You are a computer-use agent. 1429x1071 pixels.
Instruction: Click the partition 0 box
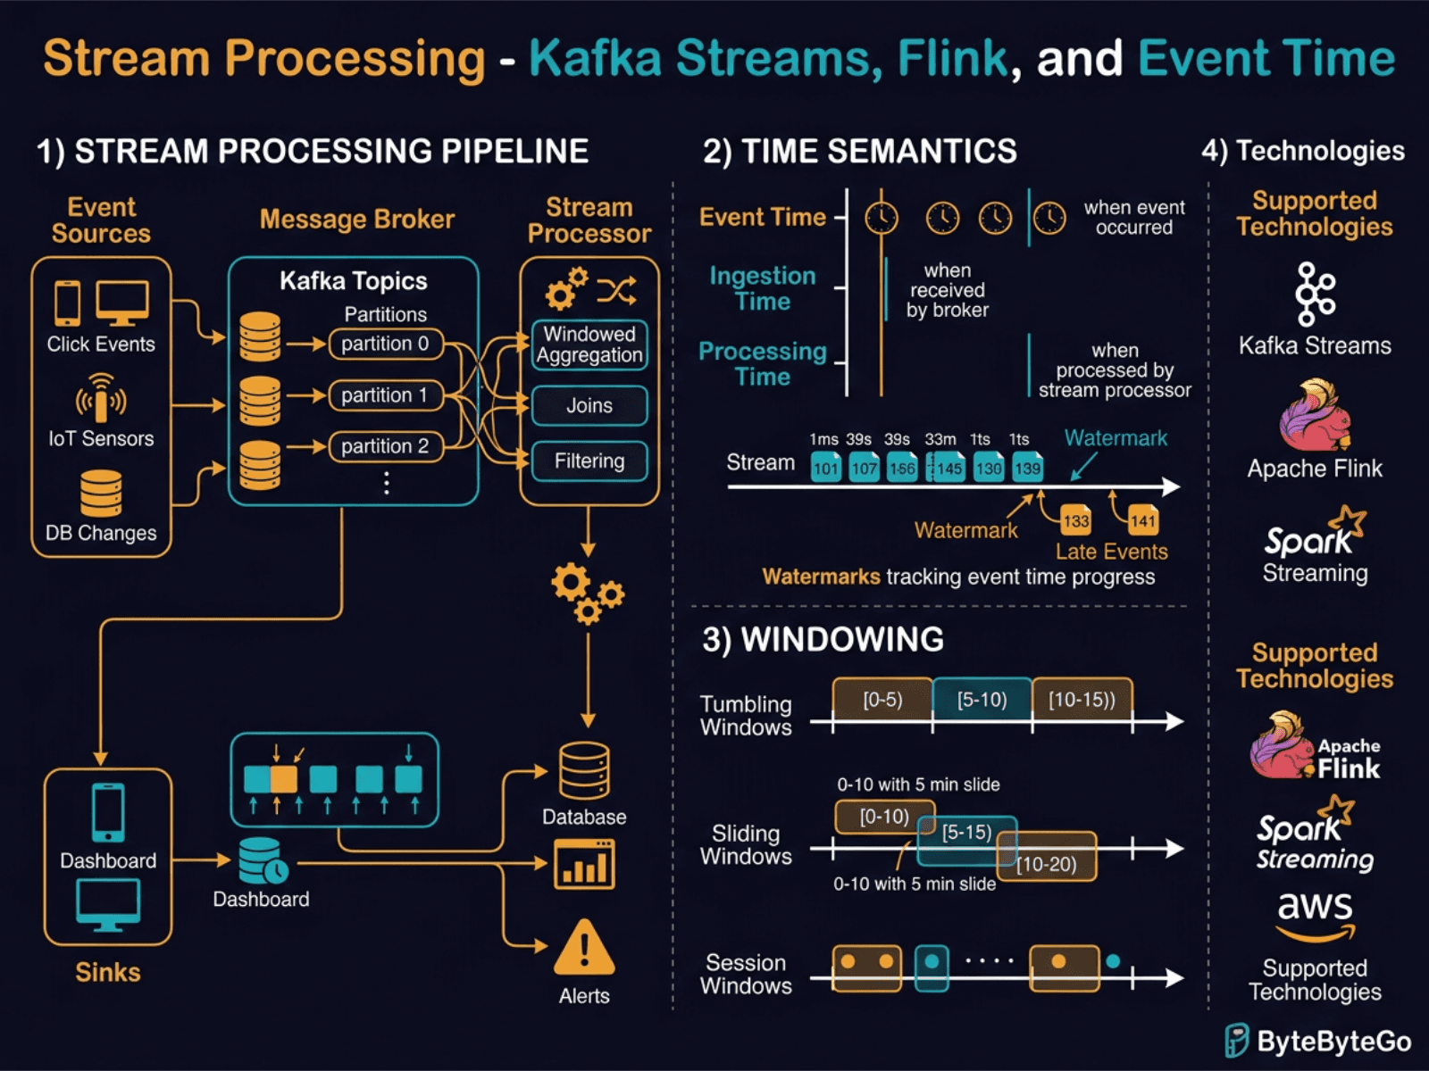pos(385,344)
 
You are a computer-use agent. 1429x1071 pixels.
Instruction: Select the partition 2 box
pos(385,446)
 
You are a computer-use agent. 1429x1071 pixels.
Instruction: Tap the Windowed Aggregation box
pos(589,345)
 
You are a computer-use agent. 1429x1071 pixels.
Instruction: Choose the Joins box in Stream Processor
pos(589,405)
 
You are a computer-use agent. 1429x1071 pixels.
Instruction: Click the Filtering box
pos(589,461)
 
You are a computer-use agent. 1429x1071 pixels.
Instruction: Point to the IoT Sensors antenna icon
pos(100,398)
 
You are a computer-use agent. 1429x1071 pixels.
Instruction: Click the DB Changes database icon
pos(101,493)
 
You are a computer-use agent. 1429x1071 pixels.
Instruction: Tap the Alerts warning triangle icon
pos(584,949)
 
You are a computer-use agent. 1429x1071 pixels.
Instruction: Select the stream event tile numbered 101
pos(826,468)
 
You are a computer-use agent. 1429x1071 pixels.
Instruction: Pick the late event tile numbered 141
pos(1142,520)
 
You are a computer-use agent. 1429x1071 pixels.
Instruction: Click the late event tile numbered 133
pos(1075,520)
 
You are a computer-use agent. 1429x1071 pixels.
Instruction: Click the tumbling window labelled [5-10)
pos(982,699)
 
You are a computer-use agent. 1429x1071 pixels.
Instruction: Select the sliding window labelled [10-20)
pos(1047,862)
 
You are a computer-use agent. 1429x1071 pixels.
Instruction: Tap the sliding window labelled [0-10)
pos(883,816)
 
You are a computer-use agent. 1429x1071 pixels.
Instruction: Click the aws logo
pos(1315,916)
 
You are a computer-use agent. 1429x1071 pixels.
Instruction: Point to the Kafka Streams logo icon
pos(1315,294)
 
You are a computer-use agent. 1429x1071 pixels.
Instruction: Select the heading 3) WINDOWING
pos(823,639)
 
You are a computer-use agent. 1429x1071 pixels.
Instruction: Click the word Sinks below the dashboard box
pos(107,972)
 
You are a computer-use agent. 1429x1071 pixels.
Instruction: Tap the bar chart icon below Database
pos(584,865)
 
